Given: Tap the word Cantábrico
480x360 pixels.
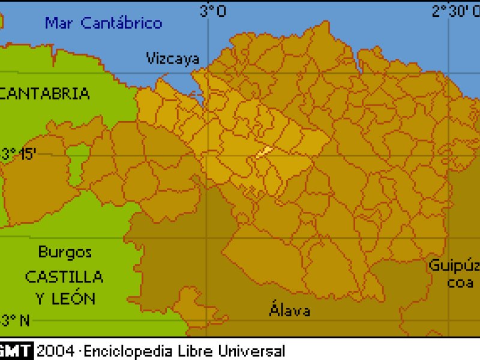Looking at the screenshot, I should tap(122, 23).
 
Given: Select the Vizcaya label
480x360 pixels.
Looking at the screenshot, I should tap(173, 58).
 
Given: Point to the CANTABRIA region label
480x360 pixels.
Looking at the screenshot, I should tap(46, 94).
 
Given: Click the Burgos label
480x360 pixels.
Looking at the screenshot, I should tap(65, 252).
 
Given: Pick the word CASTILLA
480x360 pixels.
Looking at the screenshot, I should tap(64, 277).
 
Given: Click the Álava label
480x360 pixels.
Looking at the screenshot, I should tap(290, 310).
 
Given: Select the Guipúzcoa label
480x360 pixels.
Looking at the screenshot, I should tap(454, 274).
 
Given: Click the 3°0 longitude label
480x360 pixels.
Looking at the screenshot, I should tap(213, 11).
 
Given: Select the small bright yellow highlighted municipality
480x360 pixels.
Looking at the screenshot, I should tap(264, 152).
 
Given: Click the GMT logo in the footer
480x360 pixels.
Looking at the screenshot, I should tap(17, 350).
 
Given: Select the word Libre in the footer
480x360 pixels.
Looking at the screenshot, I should tap(194, 350).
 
